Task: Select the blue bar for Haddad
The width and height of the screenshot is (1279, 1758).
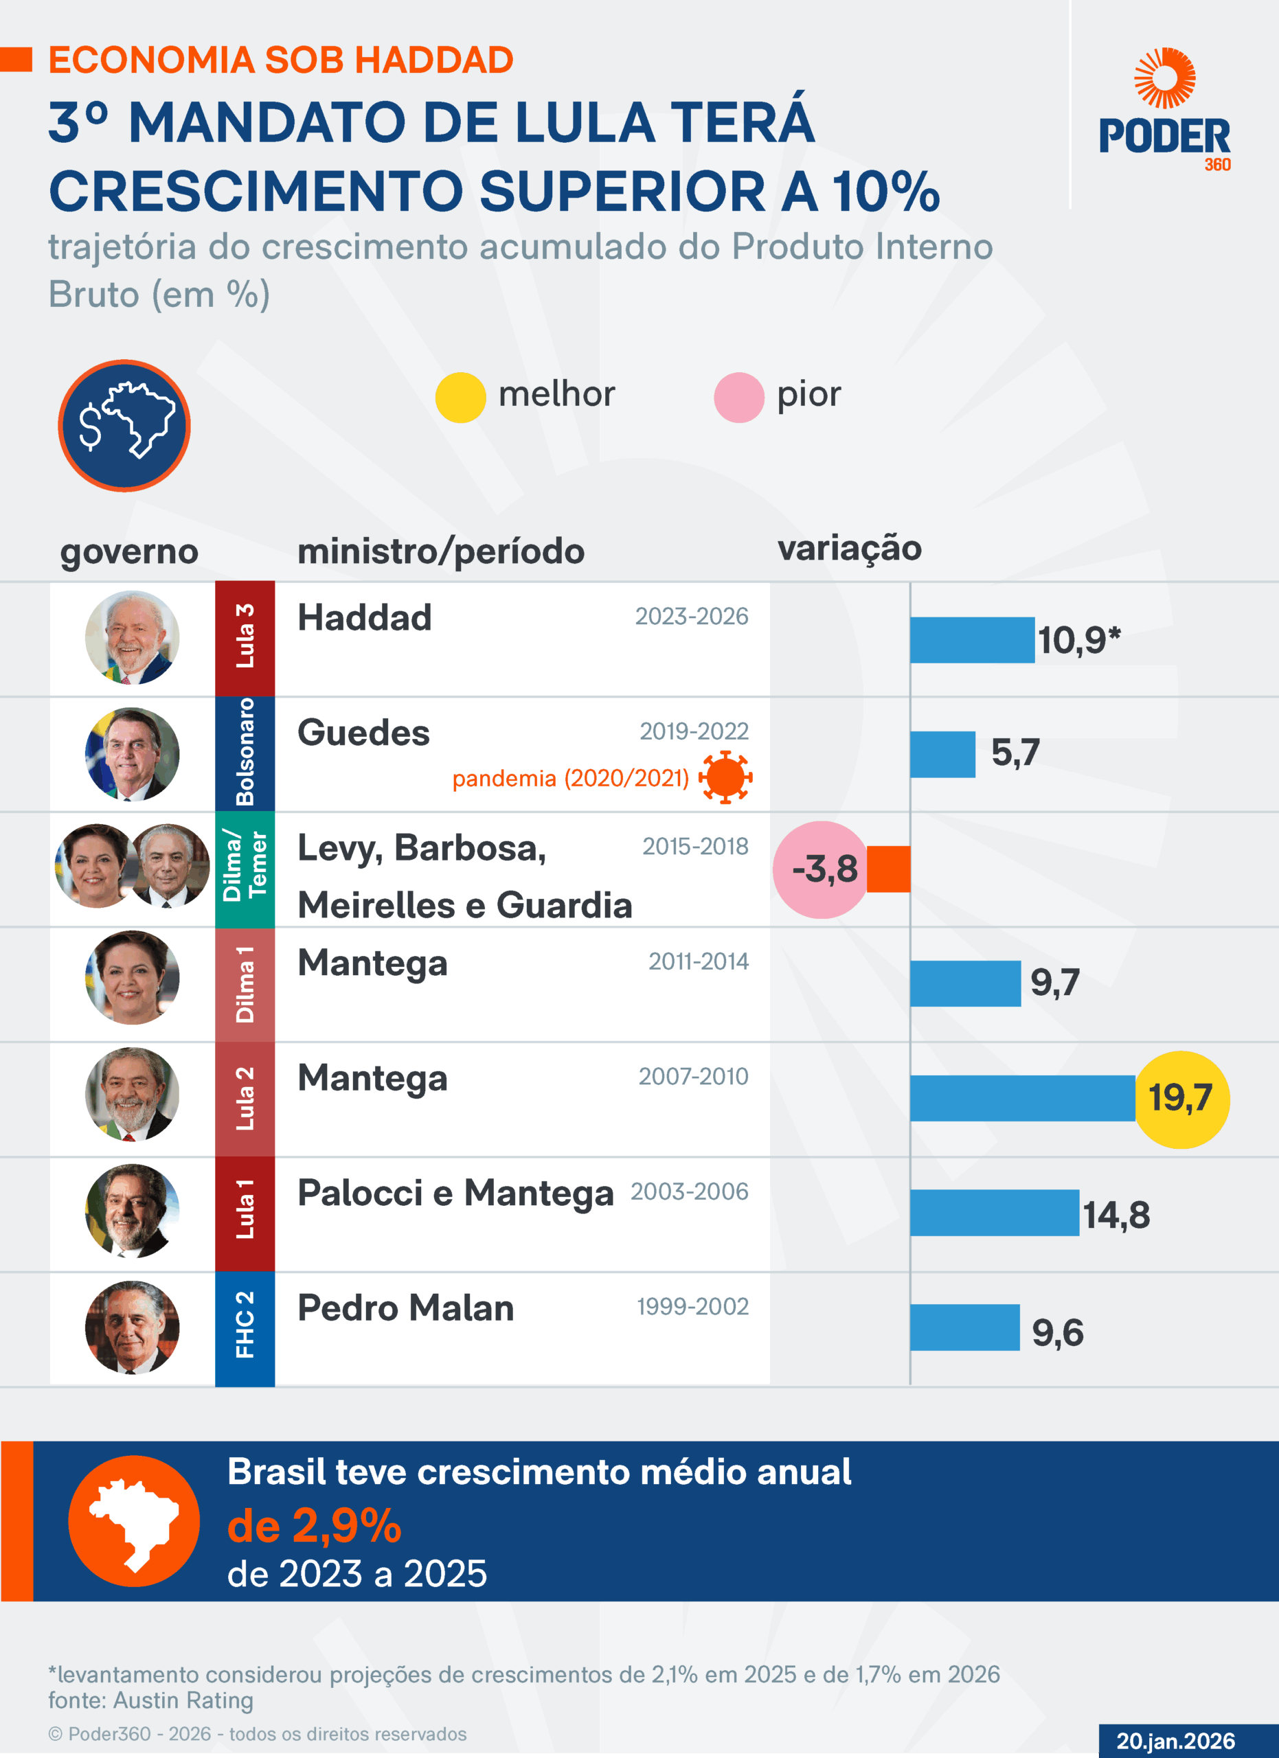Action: point(972,640)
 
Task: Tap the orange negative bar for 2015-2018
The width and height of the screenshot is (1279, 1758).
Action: point(888,869)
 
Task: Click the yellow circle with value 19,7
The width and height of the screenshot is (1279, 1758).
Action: point(1181,1098)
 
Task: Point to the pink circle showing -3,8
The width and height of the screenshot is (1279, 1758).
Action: point(822,869)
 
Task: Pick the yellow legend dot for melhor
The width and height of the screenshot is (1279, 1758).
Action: point(460,398)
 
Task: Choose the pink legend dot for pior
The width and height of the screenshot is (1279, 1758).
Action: point(738,398)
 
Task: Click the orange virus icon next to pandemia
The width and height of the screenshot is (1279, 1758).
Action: point(725,777)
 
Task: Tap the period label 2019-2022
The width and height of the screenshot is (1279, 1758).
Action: point(694,731)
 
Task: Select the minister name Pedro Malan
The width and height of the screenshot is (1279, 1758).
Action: point(405,1308)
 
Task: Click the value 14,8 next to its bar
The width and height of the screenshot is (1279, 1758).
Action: point(1116,1215)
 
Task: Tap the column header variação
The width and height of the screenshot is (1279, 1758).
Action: point(850,548)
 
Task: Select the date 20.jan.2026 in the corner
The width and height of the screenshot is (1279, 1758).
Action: point(1175,1741)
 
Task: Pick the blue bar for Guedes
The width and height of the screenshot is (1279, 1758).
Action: point(942,754)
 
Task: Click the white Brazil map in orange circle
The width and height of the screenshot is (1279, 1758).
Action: point(134,1521)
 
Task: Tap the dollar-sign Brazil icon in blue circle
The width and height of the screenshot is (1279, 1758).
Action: point(124,426)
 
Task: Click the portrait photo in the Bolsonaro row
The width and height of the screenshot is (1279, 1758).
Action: point(133,753)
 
